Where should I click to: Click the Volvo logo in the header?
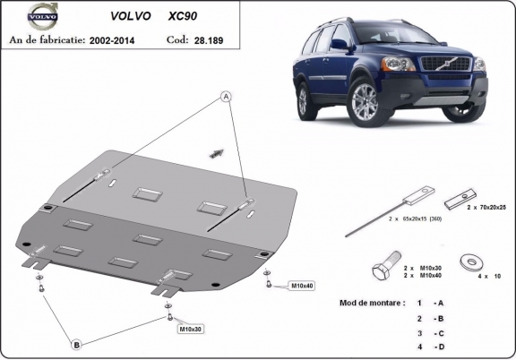pos(43,16)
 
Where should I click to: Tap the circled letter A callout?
pos(228,96)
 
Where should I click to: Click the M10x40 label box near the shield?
pos(300,286)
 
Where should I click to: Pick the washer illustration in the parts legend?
pos(469,261)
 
